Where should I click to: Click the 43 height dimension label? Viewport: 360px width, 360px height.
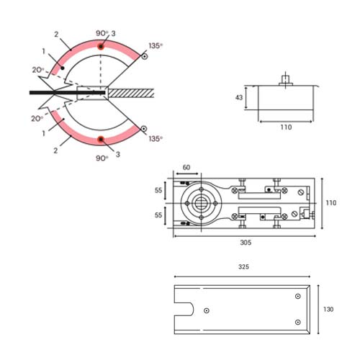click(239, 97)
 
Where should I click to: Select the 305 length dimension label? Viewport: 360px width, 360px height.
click(246, 243)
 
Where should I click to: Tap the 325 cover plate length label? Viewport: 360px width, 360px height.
click(243, 267)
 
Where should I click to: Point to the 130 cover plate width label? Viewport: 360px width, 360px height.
click(328, 310)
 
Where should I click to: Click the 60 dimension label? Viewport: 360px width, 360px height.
click(186, 167)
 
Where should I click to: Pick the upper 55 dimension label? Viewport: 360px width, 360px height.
click(158, 190)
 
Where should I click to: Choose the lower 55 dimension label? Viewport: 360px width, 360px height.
click(158, 215)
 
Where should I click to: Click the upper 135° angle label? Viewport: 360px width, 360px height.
click(156, 45)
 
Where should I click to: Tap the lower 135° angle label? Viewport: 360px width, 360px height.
click(156, 139)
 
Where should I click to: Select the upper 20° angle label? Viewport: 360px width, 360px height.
click(38, 70)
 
